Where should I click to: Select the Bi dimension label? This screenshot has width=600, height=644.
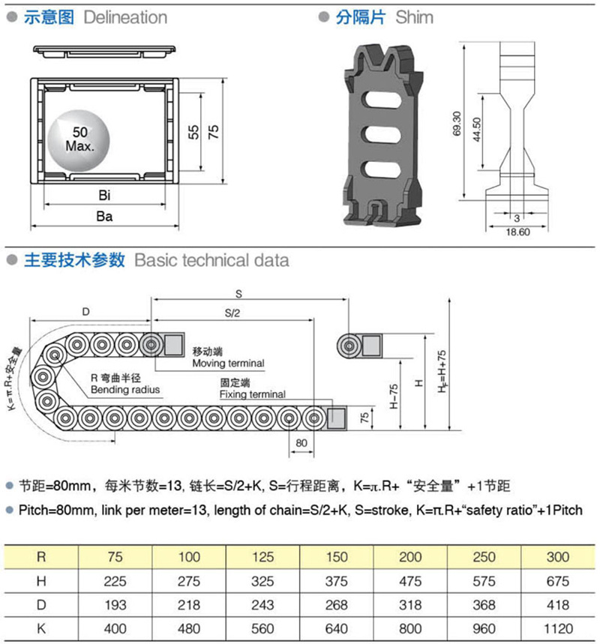click(x=105, y=196)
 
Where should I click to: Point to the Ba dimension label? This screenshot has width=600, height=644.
click(x=105, y=217)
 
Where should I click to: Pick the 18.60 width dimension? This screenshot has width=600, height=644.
click(x=518, y=232)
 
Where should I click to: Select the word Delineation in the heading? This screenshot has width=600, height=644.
click(x=125, y=16)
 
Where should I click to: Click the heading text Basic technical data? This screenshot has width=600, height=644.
click(x=211, y=260)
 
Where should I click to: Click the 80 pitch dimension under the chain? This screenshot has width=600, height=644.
click(x=301, y=443)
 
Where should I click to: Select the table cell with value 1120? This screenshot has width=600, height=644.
click(x=558, y=627)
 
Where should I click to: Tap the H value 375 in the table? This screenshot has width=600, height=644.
click(x=337, y=580)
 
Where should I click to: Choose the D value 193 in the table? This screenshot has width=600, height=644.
click(x=115, y=604)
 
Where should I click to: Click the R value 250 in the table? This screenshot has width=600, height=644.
click(x=484, y=557)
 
